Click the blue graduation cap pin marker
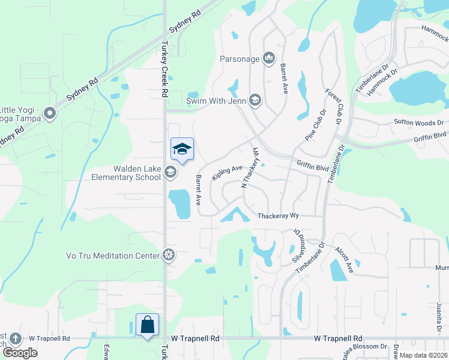tap(182, 149)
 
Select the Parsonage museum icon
tap(268, 58)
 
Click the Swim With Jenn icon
tap(255, 100)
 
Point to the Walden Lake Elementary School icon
tap(170, 173)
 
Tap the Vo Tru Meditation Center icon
tap(169, 256)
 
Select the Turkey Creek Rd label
tap(163, 69)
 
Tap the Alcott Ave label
tap(345, 259)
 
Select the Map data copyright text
tap(424, 355)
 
